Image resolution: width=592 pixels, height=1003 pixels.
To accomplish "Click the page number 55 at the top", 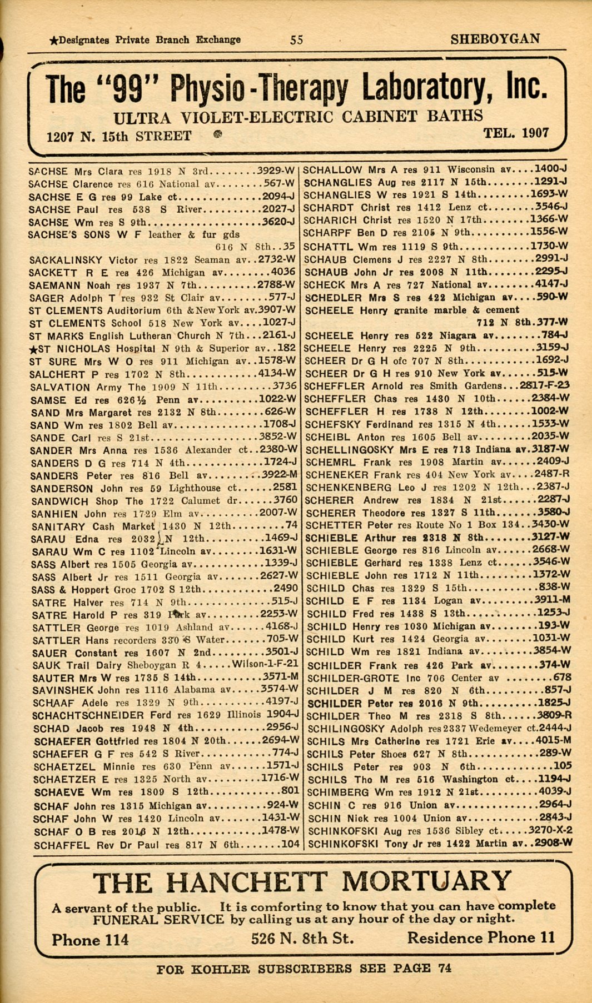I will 296,39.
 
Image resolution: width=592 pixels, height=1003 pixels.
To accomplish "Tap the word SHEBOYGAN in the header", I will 495,39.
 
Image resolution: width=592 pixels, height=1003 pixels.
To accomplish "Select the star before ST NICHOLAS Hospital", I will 34,349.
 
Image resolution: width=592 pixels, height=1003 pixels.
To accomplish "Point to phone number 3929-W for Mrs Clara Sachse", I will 276,171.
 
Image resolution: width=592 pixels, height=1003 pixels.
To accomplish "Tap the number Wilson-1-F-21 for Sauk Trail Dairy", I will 265,664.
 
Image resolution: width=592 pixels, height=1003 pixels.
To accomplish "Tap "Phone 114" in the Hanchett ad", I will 90,940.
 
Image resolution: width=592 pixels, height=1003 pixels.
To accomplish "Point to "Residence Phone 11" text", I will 481,938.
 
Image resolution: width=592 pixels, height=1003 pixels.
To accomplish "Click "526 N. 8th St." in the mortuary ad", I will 302,939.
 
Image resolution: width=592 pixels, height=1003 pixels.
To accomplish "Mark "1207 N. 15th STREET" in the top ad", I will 119,136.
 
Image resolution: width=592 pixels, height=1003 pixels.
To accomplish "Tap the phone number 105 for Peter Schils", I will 563,766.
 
